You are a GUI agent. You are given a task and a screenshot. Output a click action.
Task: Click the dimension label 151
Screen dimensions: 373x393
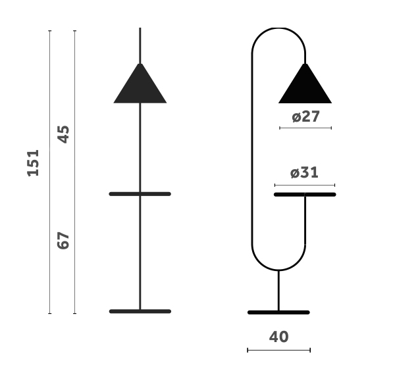(33, 162)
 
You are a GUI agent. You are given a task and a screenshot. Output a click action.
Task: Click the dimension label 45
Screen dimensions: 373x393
(63, 134)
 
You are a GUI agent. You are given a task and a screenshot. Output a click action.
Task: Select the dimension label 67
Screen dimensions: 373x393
(63, 240)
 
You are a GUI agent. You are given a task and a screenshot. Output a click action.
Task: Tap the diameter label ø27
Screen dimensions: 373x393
(305, 116)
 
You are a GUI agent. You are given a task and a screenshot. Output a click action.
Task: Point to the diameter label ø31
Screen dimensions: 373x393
(304, 172)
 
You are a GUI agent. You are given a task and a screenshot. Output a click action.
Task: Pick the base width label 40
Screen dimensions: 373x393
(278, 337)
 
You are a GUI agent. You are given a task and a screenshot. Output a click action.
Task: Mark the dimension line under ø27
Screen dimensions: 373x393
(305, 128)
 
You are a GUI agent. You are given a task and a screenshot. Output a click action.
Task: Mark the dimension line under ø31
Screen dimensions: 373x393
(304, 185)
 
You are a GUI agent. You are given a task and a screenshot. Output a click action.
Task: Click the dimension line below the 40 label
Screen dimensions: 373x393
(278, 350)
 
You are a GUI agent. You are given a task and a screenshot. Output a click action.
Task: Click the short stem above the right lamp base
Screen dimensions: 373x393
(278, 290)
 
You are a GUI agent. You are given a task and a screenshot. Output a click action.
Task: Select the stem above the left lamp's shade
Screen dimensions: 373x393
(140, 45)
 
